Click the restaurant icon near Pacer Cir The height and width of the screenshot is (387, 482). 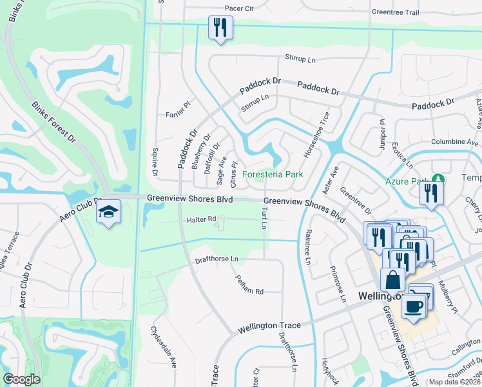point(220,28)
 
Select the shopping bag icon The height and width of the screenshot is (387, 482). point(392,281)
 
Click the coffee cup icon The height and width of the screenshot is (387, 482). point(413,305)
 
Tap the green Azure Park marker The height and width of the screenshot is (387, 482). point(438,179)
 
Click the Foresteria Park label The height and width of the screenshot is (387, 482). point(273,174)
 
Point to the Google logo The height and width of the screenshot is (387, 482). point(22,379)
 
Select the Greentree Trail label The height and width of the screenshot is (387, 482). point(395,12)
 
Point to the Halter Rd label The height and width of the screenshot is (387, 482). point(201,220)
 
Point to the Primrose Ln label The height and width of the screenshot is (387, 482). point(339,284)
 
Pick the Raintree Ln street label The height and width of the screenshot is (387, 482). point(308,247)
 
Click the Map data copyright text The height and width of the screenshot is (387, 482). point(454,382)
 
